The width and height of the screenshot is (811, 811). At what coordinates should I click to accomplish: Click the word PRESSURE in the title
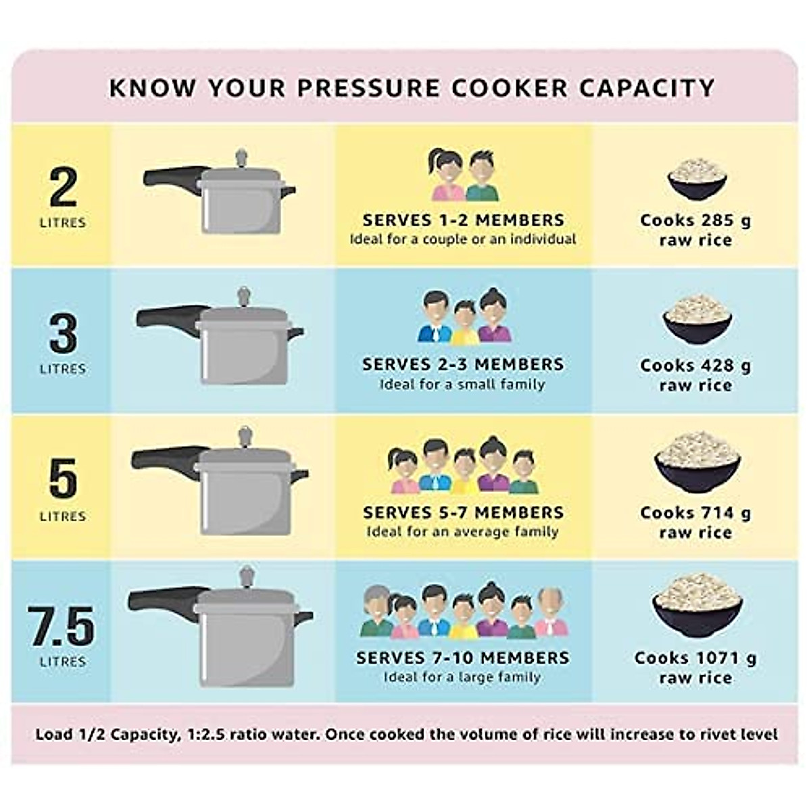pos(352,88)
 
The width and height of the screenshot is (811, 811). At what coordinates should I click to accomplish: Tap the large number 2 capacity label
pos(63,187)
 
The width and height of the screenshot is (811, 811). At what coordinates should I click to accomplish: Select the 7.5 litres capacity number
pos(62,626)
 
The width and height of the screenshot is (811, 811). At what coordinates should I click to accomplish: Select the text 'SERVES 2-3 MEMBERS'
pos(463,364)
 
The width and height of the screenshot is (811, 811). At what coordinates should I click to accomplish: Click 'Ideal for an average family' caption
pos(463,532)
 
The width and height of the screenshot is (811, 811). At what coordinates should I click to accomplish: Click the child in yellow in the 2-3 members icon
pos(465,323)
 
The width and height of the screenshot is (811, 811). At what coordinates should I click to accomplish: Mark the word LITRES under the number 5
pos(63,516)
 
